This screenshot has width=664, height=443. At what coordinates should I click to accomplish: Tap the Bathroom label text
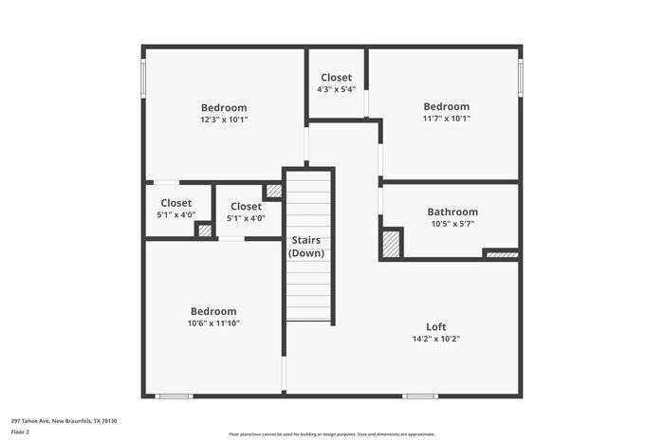click(x=452, y=212)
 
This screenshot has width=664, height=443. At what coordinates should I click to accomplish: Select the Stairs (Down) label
click(x=306, y=247)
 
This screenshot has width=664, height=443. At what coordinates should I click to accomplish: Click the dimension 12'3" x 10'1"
click(x=224, y=120)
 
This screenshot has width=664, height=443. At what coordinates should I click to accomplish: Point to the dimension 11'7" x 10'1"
click(x=446, y=119)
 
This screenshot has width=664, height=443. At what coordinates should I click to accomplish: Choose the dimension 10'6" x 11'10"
click(x=213, y=323)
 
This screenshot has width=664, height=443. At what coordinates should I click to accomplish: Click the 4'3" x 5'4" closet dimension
click(x=336, y=89)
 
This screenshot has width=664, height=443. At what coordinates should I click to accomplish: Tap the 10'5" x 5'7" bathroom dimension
click(x=452, y=224)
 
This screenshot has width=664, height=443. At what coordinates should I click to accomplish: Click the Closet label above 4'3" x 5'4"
click(x=336, y=78)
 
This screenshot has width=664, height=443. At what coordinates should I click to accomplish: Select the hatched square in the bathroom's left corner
click(x=391, y=243)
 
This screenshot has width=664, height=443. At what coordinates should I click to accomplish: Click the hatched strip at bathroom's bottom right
click(x=501, y=253)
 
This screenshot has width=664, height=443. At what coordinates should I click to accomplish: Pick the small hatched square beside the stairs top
click(x=273, y=191)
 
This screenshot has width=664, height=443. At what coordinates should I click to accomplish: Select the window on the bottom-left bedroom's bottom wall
click(x=175, y=396)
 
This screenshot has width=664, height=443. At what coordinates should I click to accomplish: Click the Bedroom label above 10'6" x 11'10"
click(x=213, y=311)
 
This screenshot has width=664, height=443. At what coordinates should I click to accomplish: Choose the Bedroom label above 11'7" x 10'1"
click(x=446, y=106)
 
